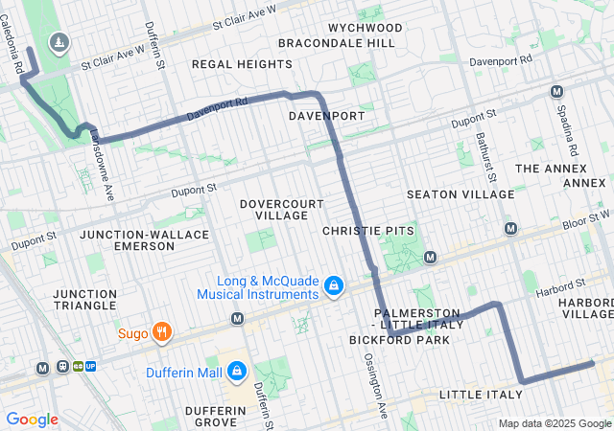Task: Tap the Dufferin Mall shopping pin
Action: pos(237,372)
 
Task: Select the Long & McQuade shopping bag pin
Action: pos(334,286)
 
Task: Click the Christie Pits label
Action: pos(368,231)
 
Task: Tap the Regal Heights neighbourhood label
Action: pos(242,64)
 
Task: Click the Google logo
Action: pos(32,420)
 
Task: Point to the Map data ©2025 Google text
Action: pos(555,423)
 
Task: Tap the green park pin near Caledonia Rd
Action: pos(59,43)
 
